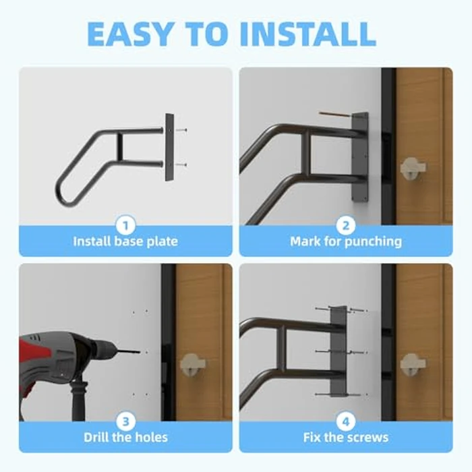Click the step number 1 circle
pyautogui.click(x=125, y=223)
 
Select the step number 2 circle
pyautogui.click(x=346, y=223)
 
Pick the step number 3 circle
pyautogui.click(x=125, y=419)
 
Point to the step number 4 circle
pyautogui.click(x=346, y=419)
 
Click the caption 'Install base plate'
pyautogui.click(x=125, y=241)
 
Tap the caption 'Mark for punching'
pyautogui.click(x=346, y=241)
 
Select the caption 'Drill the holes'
pyautogui.click(x=125, y=437)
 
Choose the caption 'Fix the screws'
pyautogui.click(x=346, y=437)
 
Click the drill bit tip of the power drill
pyautogui.click(x=142, y=351)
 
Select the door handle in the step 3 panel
pyautogui.click(x=192, y=365)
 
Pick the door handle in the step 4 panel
pyautogui.click(x=412, y=365)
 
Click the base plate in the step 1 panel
pyautogui.click(x=169, y=146)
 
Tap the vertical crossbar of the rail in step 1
pyautogui.click(x=119, y=147)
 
